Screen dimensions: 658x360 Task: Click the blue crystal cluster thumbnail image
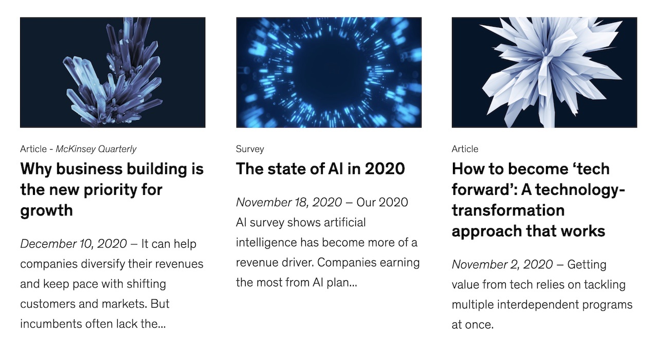113,73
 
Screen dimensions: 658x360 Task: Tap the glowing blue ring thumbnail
328,73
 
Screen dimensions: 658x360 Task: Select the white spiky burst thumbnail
544,73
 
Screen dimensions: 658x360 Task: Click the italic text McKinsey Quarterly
96,149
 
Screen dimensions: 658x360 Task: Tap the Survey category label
250,149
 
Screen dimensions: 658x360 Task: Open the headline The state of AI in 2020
320,169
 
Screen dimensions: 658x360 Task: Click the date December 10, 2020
74,244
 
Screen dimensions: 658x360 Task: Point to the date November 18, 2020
289,203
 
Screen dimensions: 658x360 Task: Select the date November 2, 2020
502,264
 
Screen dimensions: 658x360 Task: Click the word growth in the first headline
46,211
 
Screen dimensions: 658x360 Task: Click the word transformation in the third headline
508,211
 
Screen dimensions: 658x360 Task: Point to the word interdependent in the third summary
538,305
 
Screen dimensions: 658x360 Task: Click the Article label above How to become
465,149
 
